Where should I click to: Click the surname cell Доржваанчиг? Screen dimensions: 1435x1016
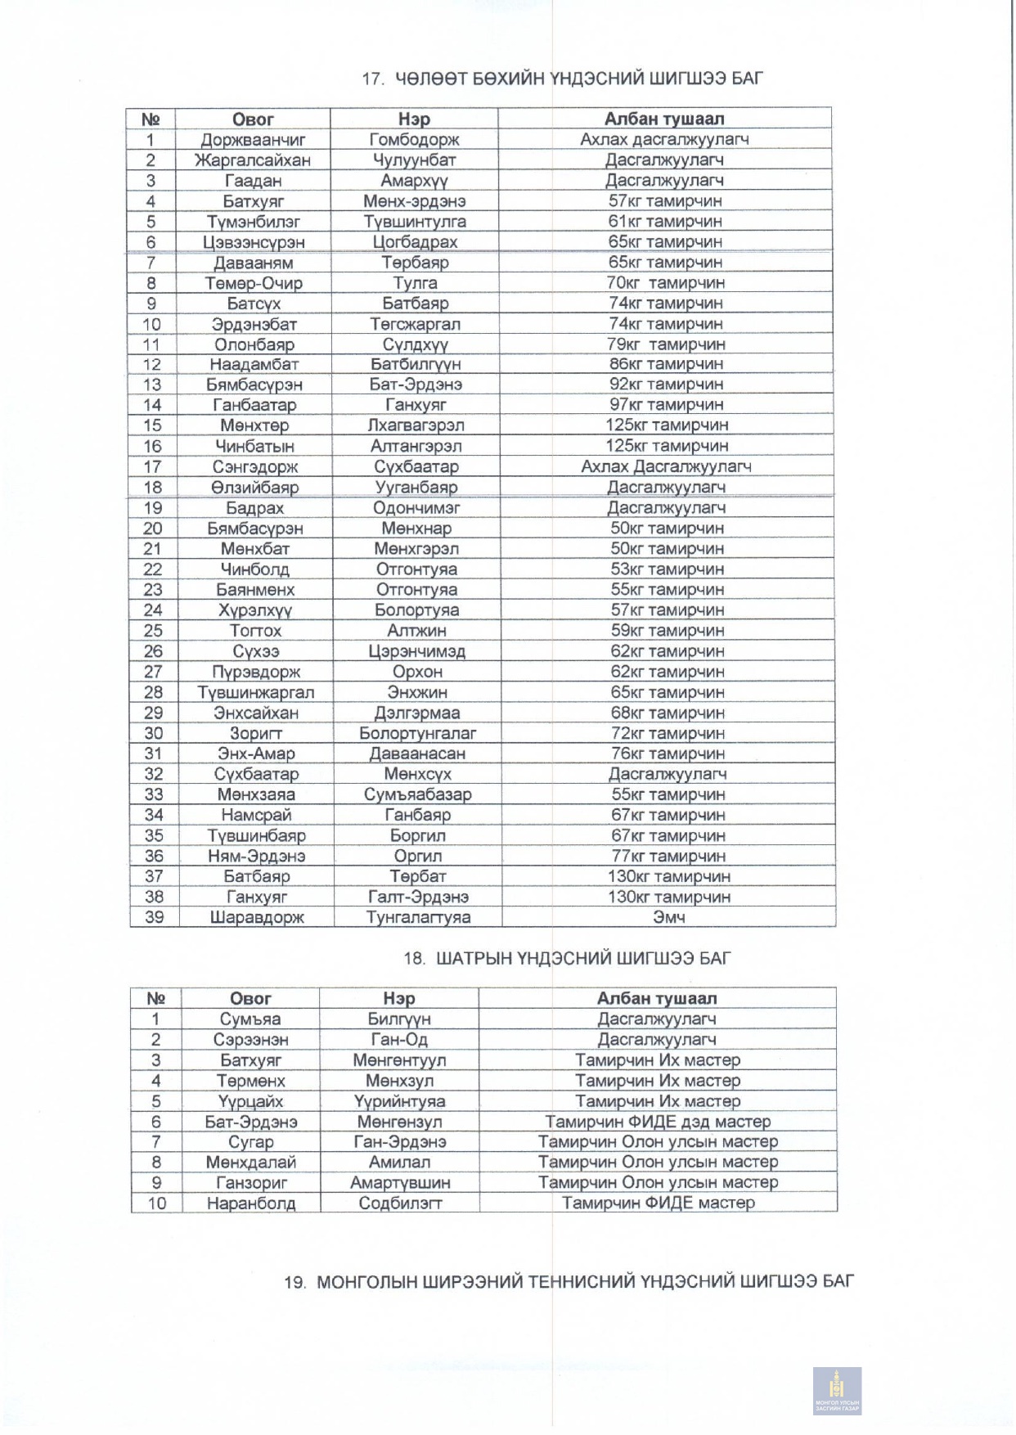tap(254, 140)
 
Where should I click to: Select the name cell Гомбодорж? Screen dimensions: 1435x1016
tap(415, 140)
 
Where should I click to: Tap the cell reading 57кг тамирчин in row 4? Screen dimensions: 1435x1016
tap(665, 201)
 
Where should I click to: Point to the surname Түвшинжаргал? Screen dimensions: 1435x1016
tap(255, 692)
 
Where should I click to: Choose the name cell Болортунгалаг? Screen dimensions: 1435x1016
tap(417, 733)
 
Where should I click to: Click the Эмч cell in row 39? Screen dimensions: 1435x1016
tap(668, 917)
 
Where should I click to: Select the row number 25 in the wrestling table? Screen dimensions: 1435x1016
tap(153, 631)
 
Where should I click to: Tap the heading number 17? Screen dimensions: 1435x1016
tap(372, 79)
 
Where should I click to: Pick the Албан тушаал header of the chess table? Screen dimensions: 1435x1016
tap(656, 998)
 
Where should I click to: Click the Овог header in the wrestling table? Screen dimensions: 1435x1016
tap(254, 119)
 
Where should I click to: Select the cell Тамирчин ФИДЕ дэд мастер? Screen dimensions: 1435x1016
tap(658, 1122)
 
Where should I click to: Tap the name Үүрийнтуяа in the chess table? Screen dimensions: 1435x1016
tap(399, 1101)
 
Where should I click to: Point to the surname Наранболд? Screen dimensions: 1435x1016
tap(250, 1203)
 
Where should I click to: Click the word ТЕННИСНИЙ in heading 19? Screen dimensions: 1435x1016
tap(582, 1281)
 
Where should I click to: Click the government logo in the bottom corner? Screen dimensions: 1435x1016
tap(836, 1390)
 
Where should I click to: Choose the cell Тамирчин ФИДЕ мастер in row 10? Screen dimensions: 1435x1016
tap(658, 1203)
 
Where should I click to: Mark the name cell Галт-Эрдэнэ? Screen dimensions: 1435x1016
tap(417, 897)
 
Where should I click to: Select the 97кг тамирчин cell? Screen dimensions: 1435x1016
tap(666, 405)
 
